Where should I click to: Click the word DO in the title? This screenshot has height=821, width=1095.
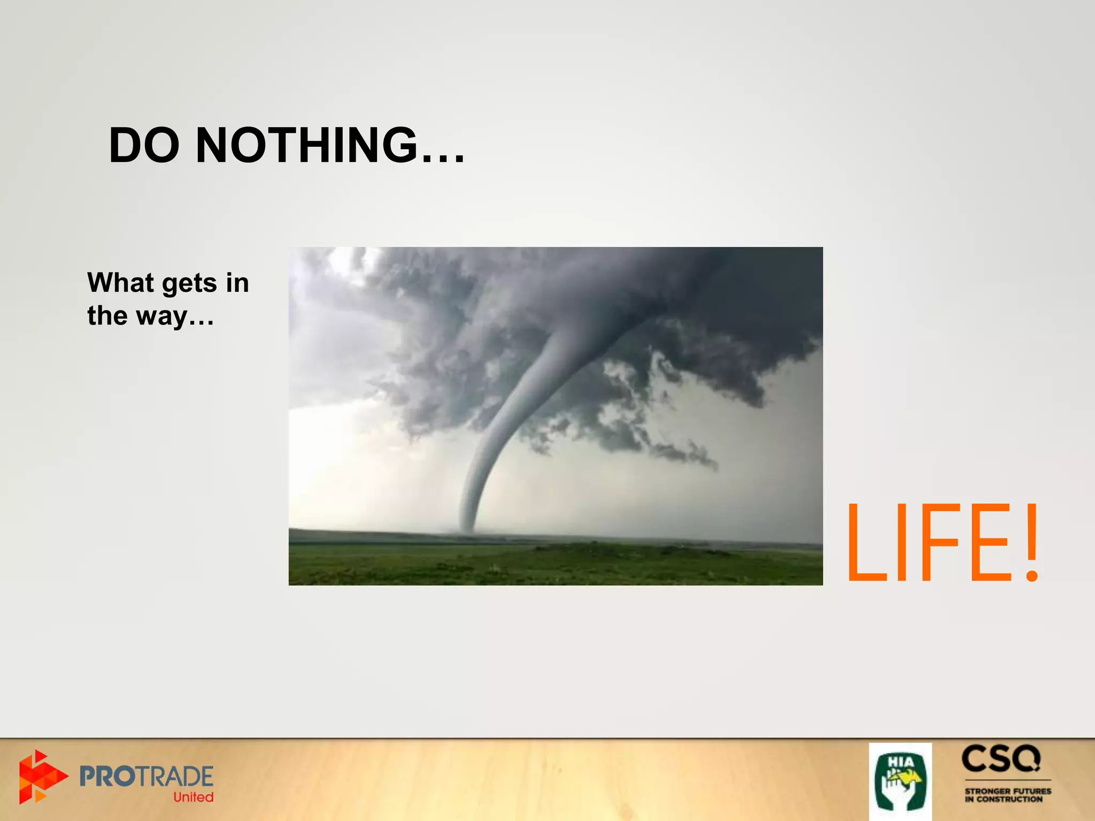click(144, 145)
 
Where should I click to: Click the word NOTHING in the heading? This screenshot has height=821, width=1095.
click(306, 145)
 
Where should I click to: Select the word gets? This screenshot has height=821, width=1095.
click(190, 283)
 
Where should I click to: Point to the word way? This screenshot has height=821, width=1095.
click(161, 316)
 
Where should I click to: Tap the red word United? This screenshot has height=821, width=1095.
click(193, 797)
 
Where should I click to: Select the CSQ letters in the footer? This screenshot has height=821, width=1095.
click(1001, 759)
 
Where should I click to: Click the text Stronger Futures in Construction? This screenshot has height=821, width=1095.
click(1007, 795)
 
